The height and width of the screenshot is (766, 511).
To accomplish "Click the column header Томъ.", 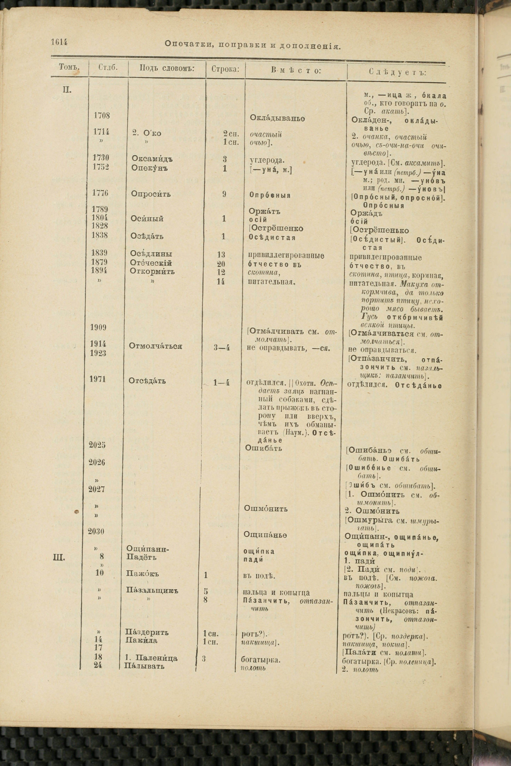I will click(69, 67).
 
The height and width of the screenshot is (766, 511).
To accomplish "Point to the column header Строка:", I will click(225, 69).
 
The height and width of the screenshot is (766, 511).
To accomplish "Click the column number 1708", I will click(102, 116).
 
